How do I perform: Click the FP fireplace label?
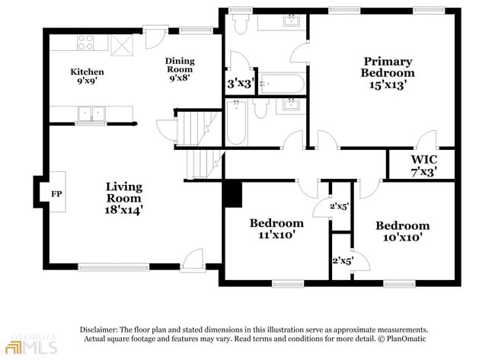[x=56, y=194]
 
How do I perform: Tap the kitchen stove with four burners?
[x=86, y=43]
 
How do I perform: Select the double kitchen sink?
[x=91, y=113]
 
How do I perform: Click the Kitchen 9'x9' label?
[x=87, y=76]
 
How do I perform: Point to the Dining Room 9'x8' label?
[x=180, y=69]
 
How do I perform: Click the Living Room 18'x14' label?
[x=123, y=199]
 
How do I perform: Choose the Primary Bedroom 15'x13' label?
[x=388, y=73]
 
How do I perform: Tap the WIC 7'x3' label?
[x=424, y=166]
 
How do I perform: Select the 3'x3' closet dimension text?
[x=241, y=84]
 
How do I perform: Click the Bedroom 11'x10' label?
[x=276, y=228]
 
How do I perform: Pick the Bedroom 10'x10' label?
[x=403, y=231]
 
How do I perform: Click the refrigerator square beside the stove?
[x=122, y=46]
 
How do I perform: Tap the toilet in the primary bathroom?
[x=241, y=24]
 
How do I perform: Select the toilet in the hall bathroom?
[x=260, y=108]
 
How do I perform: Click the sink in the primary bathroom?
[x=292, y=21]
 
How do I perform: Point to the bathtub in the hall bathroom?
[x=236, y=123]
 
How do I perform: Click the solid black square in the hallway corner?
[x=233, y=194]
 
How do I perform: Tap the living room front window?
[x=113, y=267]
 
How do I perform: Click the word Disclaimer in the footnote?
[x=99, y=330]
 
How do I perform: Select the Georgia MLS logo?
[x=32, y=343]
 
